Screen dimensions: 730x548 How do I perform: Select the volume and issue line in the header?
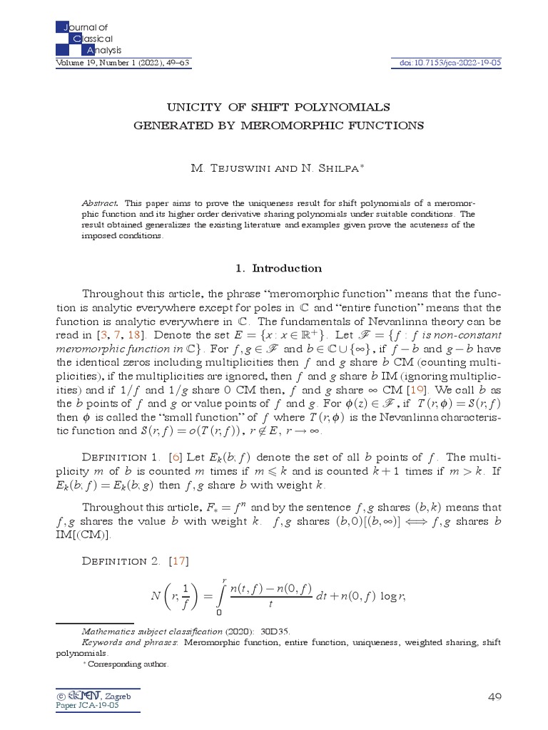(x=123, y=63)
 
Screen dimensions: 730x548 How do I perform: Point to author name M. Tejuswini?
(x=227, y=168)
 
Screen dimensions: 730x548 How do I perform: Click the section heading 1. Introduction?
(x=278, y=269)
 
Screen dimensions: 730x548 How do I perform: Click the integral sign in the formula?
(x=225, y=595)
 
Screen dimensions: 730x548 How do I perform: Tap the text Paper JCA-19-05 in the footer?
(x=87, y=705)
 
